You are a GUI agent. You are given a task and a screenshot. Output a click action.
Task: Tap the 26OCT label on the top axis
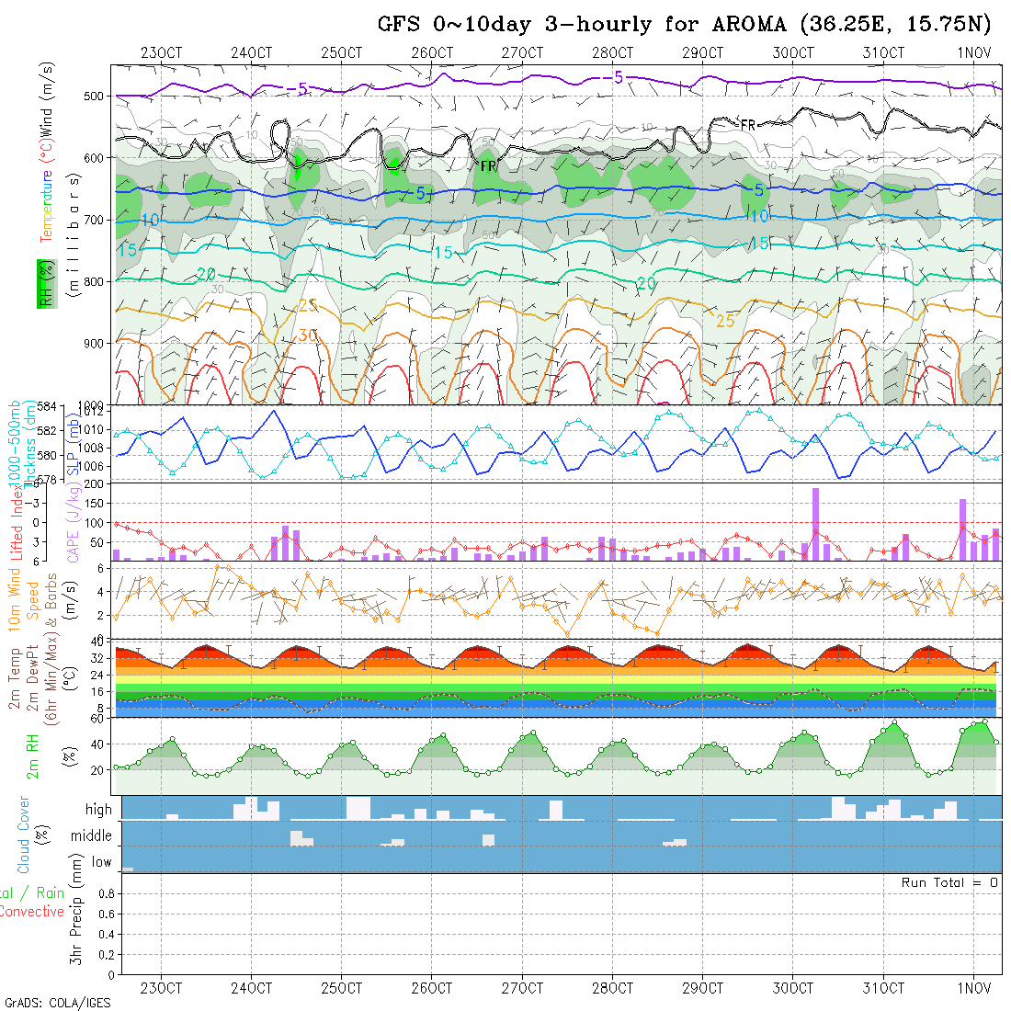click(x=432, y=52)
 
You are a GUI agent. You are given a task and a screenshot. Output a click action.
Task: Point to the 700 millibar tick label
click(x=97, y=220)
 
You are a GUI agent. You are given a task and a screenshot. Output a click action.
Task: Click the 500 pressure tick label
click(x=97, y=96)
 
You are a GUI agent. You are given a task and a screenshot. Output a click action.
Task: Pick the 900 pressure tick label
click(x=97, y=343)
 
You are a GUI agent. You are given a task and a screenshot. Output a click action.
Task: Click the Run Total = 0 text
click(x=949, y=882)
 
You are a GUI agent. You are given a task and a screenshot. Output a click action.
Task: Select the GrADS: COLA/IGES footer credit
click(x=57, y=1003)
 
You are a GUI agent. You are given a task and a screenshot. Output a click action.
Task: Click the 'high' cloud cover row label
click(x=98, y=810)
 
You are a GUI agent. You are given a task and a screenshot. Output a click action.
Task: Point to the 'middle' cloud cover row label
click(x=92, y=836)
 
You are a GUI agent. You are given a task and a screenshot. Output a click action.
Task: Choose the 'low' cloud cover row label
click(x=101, y=862)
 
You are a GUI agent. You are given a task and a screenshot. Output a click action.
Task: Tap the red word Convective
click(x=31, y=912)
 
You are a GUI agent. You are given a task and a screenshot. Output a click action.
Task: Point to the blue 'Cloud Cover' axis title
click(x=24, y=835)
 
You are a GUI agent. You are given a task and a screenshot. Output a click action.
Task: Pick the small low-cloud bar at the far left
click(x=128, y=869)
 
